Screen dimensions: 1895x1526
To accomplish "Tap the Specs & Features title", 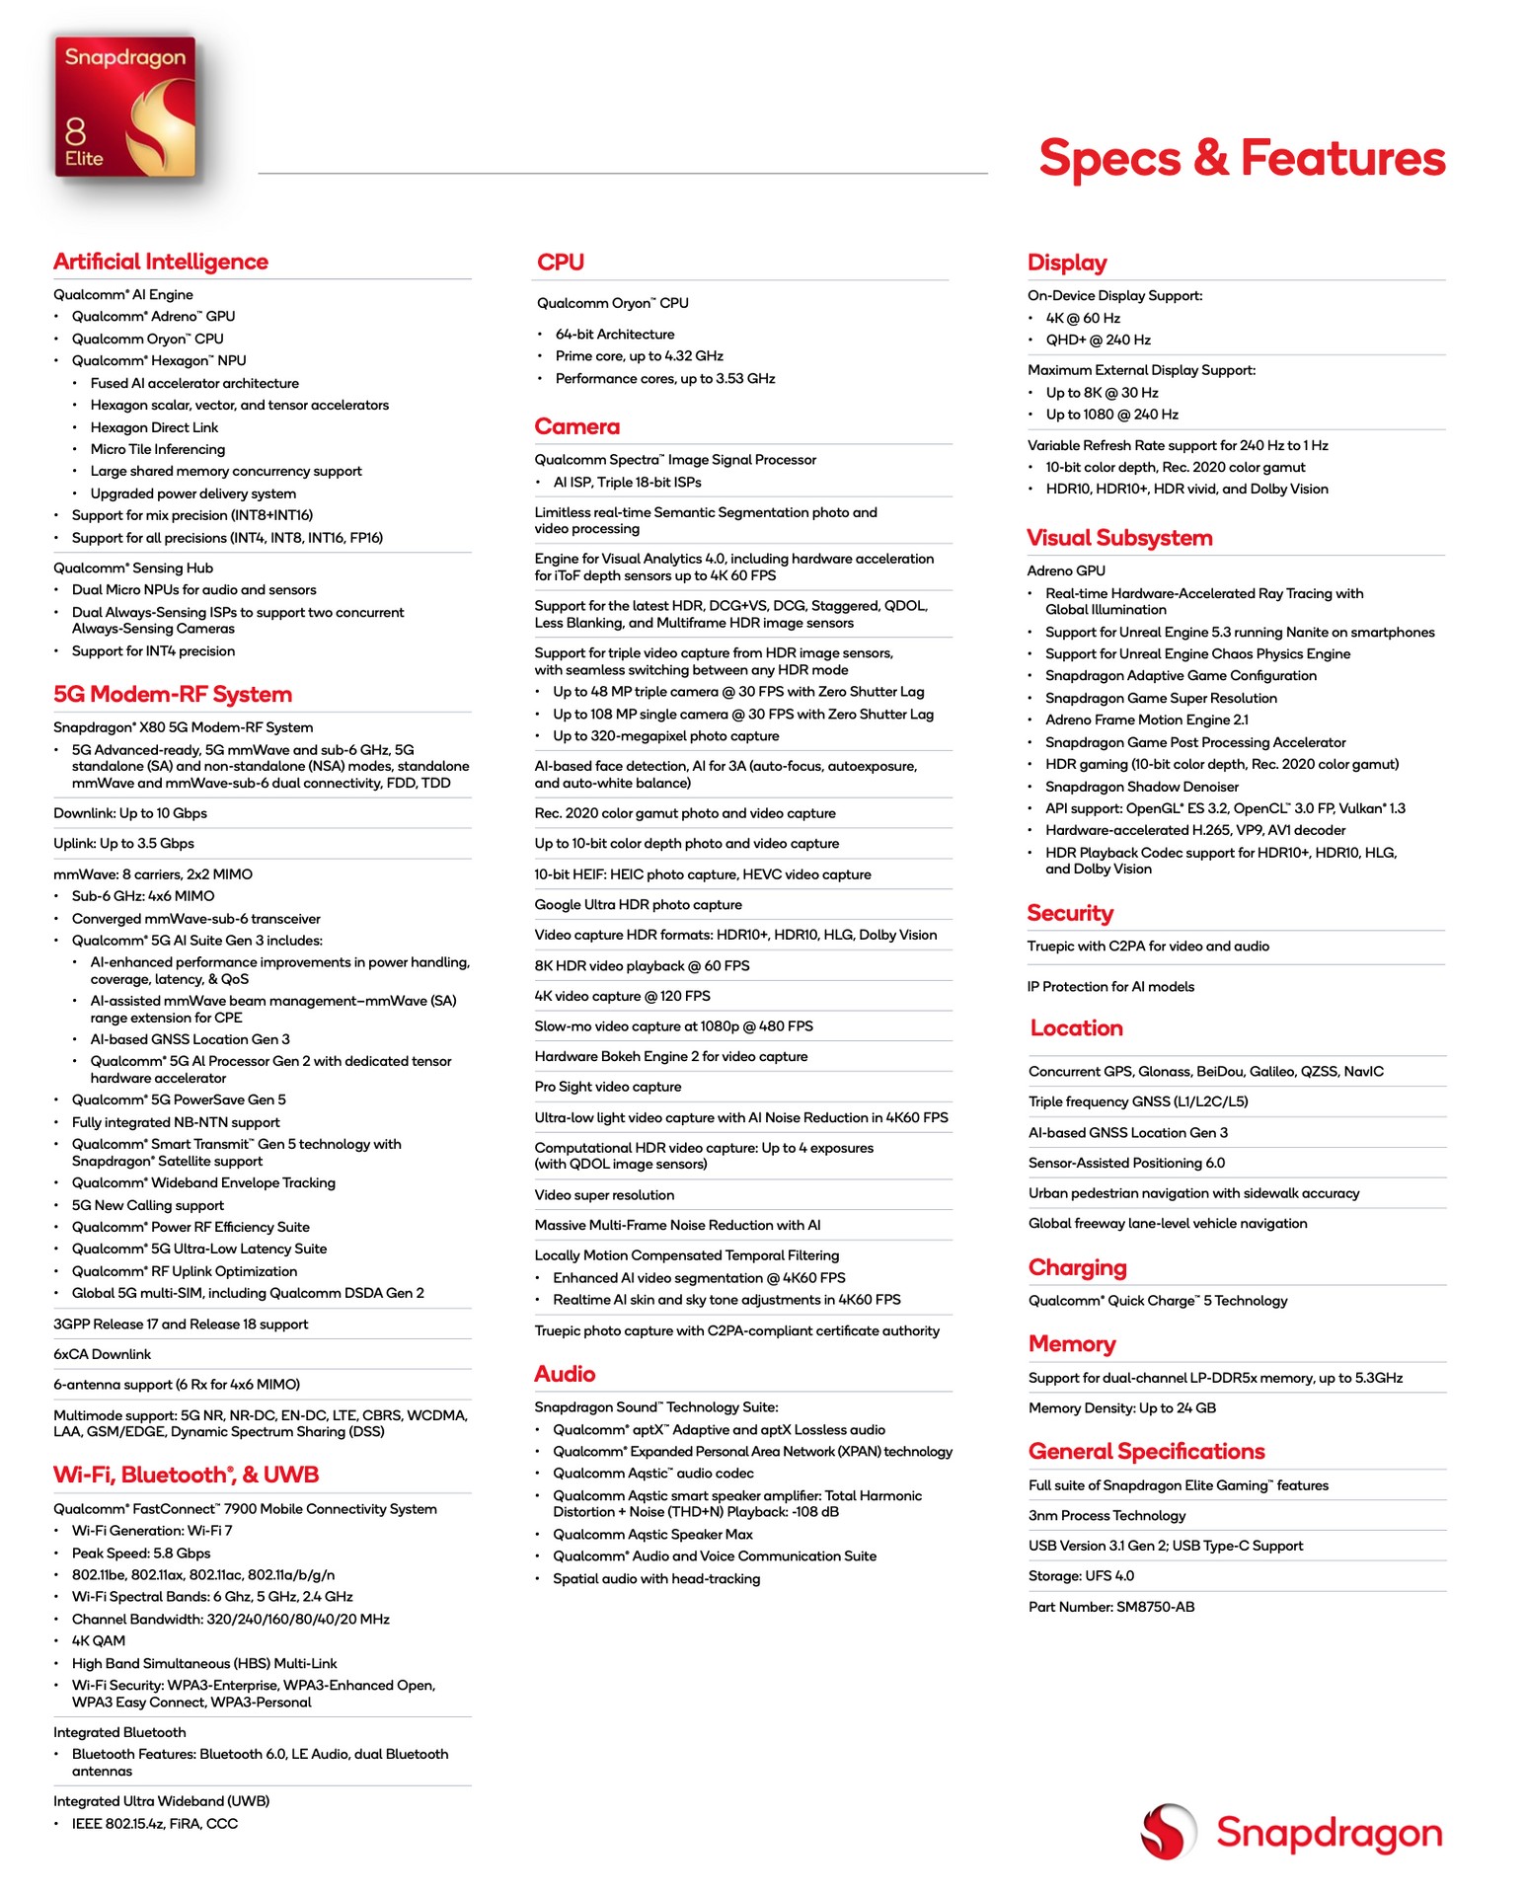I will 1241,158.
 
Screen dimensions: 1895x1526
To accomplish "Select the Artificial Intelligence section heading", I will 161,262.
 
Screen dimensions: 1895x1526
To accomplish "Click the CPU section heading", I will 561,263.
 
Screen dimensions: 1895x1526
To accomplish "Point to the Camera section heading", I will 577,426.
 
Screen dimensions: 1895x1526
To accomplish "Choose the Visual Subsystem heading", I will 1119,538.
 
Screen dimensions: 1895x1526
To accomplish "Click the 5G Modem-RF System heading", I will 173,694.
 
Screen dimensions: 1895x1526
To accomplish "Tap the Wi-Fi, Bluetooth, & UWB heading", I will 186,1475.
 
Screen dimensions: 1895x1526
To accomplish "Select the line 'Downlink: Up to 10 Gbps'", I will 130,813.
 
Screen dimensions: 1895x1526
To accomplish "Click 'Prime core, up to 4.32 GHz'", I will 639,356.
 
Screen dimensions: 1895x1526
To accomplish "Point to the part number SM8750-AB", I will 1111,1607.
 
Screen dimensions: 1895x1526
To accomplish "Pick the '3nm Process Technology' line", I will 1106,1515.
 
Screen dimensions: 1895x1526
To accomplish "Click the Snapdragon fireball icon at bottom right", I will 1169,1832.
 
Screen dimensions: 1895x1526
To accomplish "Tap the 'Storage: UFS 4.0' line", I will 1081,1576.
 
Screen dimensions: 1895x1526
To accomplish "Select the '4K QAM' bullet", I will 99,1640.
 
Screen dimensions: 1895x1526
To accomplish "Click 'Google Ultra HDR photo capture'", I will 638,904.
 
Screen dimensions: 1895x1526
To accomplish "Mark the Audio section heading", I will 565,1374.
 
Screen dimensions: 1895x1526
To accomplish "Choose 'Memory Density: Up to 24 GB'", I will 1121,1408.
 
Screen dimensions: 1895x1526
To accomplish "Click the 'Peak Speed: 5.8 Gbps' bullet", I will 140,1553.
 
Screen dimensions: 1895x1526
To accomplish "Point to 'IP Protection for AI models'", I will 1110,986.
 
